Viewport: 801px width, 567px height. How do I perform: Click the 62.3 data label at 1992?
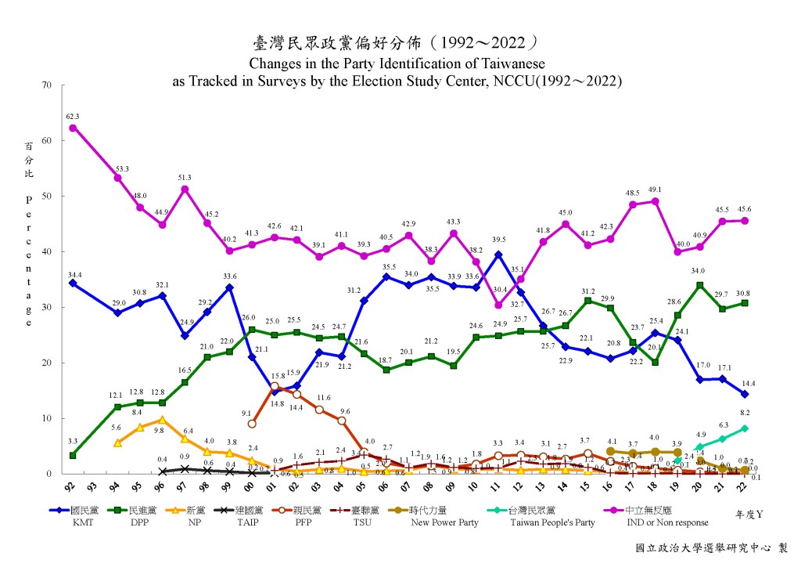pyautogui.click(x=73, y=116)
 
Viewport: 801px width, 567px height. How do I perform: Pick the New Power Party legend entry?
pyautogui.click(x=443, y=517)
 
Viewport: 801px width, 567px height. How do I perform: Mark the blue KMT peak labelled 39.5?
pyautogui.click(x=498, y=255)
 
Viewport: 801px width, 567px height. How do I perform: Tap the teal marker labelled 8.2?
pyautogui.click(x=744, y=428)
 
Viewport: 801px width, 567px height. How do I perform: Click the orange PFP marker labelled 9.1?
pyautogui.click(x=252, y=424)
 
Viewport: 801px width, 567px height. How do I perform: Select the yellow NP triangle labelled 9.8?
pyautogui.click(x=162, y=420)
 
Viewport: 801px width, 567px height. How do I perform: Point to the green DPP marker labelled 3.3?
pyautogui.click(x=73, y=455)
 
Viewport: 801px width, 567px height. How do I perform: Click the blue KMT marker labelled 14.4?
pyautogui.click(x=744, y=394)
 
